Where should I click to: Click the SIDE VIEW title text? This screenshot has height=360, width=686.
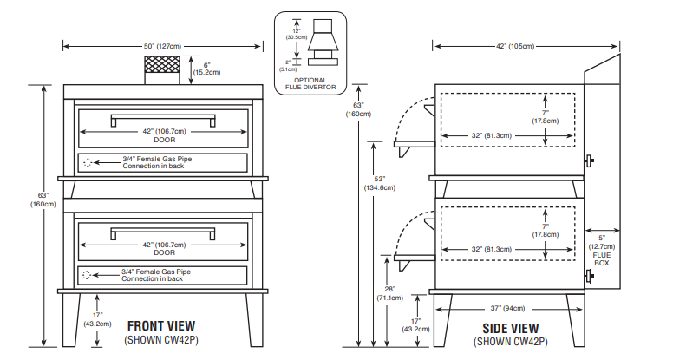[x=510, y=328]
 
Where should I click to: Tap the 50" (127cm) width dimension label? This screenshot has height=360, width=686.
[x=162, y=45]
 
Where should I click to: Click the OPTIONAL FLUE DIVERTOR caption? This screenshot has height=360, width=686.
[x=310, y=84]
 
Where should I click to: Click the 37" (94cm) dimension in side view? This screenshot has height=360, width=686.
[x=507, y=307]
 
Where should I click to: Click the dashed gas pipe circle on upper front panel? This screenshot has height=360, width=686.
[x=86, y=161]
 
